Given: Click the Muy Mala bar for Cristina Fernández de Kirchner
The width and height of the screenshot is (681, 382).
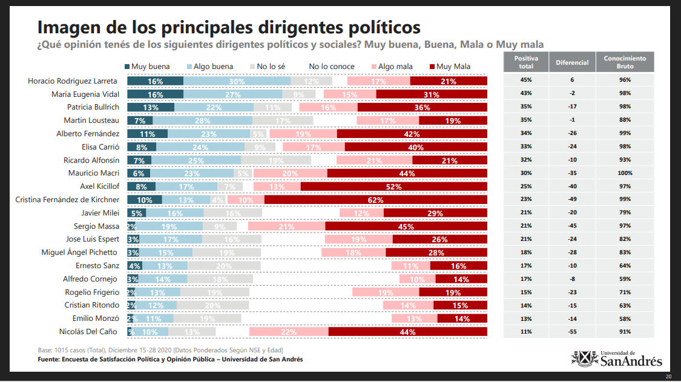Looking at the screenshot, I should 376,200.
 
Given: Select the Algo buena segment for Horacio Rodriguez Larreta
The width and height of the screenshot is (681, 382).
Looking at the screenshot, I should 237,81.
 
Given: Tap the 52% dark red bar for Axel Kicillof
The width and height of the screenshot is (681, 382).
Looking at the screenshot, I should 394,186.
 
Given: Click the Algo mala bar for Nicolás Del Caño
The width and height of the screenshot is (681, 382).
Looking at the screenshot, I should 289,332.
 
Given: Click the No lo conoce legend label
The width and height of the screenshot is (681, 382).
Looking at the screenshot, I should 331,67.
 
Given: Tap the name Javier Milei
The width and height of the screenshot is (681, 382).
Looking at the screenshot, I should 100,213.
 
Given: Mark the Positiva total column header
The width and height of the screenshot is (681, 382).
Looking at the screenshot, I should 524,62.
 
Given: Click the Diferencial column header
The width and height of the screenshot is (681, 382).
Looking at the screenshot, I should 573,62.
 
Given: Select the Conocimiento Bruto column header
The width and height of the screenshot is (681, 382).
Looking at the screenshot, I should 625,62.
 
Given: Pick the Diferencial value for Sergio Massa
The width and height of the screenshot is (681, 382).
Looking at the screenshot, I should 573,226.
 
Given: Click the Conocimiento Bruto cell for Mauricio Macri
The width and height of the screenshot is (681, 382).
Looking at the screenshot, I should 625,173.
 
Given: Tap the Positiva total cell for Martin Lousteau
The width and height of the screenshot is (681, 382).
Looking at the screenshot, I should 524,120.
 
